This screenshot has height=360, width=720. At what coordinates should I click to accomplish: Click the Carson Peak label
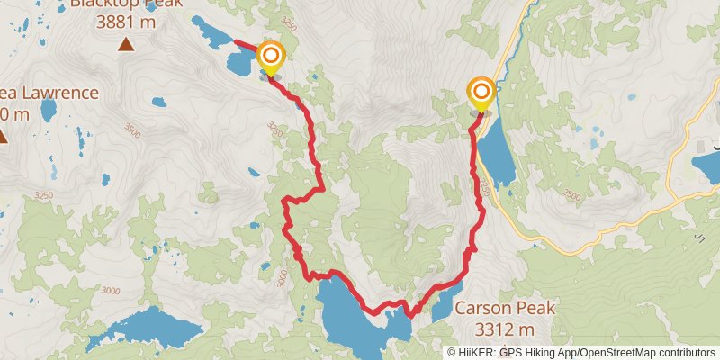(504, 308)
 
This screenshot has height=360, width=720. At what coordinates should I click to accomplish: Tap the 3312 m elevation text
(504, 328)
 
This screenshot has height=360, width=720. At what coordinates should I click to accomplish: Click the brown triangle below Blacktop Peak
(127, 44)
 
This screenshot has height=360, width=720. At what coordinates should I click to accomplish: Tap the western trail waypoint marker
(269, 56)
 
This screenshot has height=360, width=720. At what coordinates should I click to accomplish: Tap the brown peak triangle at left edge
(3, 137)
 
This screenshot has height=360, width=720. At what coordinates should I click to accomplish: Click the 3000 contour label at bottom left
(110, 290)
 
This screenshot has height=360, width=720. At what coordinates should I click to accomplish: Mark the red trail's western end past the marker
(236, 40)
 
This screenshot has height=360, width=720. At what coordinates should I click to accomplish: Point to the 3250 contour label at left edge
(40, 194)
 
